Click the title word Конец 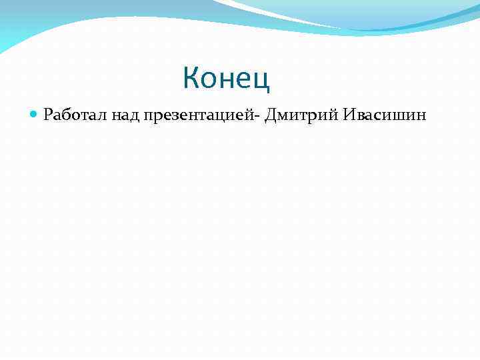[227, 79]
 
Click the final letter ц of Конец [263, 80]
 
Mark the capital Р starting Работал [47, 116]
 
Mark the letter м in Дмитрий [284, 117]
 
